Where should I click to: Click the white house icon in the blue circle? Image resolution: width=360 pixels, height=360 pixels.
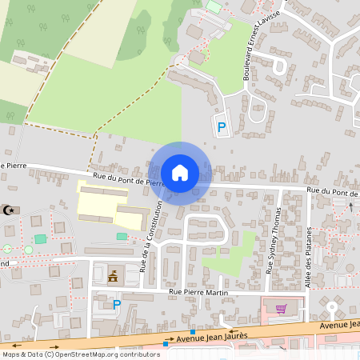tap(180, 173)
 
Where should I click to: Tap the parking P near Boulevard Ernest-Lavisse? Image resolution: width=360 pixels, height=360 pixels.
tap(222, 126)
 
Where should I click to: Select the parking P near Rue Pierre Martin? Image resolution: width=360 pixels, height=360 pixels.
tap(117, 304)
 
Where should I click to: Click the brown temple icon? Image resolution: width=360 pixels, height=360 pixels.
tap(113, 277)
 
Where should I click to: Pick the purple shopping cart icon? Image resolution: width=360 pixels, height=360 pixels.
tap(281, 308)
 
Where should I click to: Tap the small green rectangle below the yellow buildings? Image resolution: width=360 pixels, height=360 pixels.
tap(122, 236)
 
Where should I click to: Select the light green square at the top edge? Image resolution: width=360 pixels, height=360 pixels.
tap(214, 6)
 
